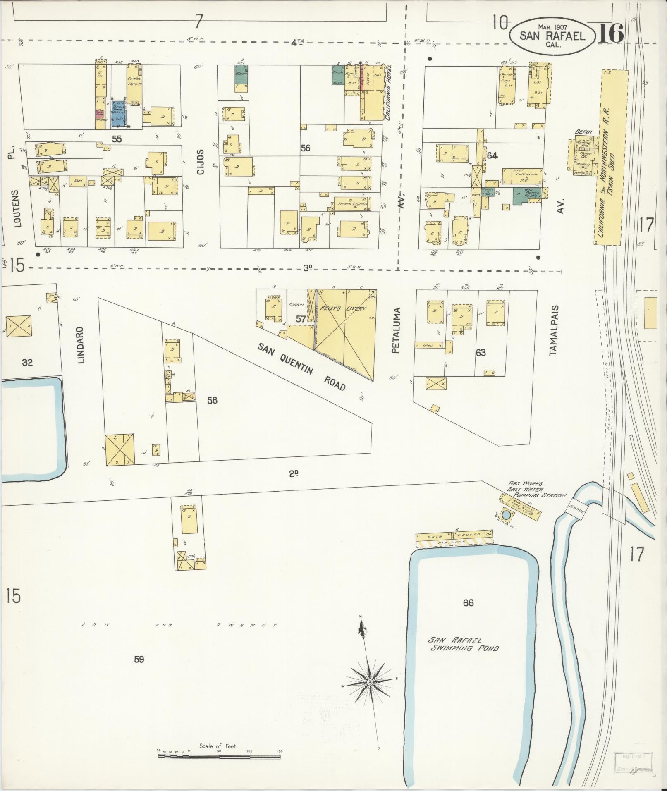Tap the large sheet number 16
pos(610,34)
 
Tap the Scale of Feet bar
pos(219,756)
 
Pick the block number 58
pos(213,400)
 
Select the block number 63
pos(481,353)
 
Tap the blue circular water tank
pos(506,515)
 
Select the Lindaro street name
pos(81,345)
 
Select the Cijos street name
pos(201,163)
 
